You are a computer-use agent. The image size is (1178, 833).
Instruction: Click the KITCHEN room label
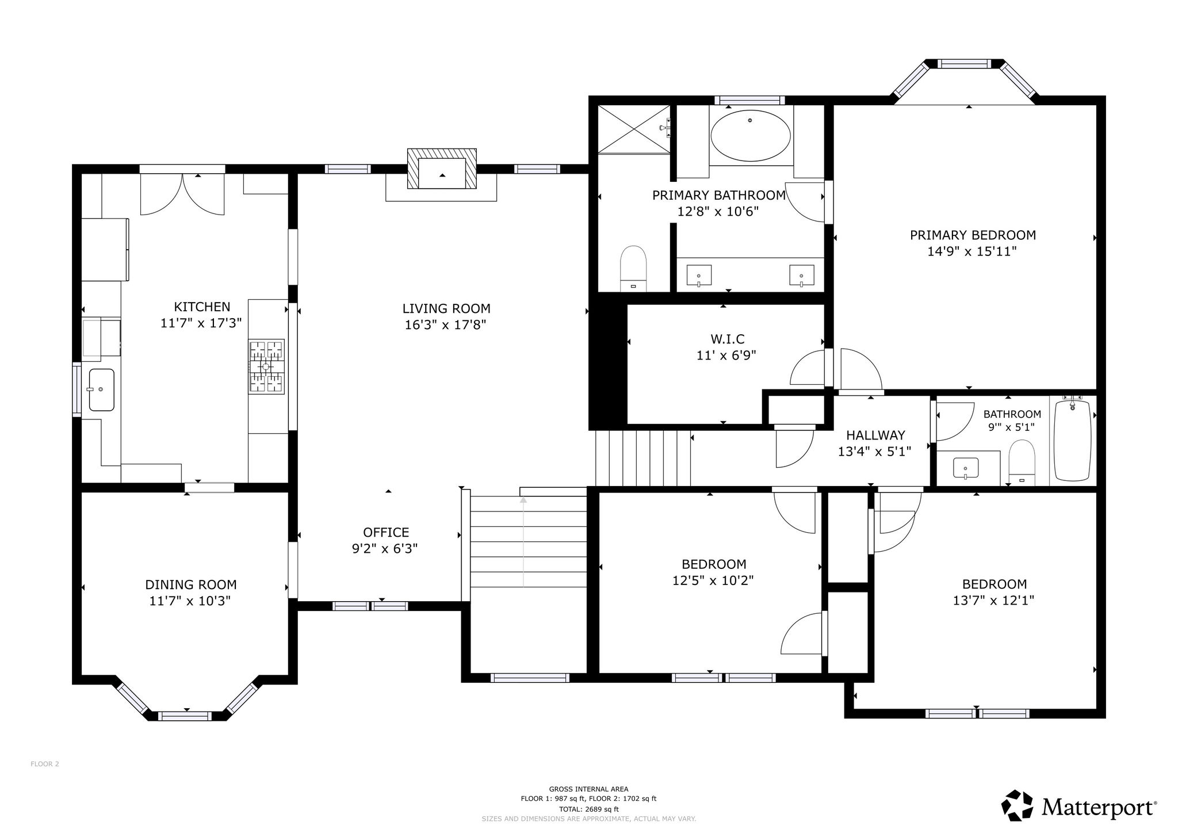click(202, 307)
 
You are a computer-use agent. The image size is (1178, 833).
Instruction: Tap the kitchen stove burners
click(266, 366)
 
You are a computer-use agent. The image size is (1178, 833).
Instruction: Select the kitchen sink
click(101, 390)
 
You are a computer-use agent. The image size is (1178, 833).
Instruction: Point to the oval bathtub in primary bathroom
click(750, 136)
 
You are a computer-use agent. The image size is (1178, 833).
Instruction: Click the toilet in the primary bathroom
click(633, 269)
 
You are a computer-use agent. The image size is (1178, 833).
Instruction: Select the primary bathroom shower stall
click(634, 129)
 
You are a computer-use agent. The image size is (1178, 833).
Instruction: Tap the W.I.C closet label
click(727, 339)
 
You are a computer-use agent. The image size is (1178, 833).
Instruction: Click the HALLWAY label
click(875, 435)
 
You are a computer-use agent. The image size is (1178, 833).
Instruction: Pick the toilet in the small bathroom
click(1022, 462)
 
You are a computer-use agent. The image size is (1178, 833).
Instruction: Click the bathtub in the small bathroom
click(1073, 440)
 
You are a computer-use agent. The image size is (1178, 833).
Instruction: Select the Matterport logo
click(1079, 807)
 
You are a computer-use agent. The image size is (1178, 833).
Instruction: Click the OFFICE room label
click(386, 532)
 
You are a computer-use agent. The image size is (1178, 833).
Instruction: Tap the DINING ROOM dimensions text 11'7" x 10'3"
click(190, 601)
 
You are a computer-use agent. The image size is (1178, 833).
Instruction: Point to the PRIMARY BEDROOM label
click(973, 235)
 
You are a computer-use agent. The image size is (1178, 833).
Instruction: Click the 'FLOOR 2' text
click(45, 764)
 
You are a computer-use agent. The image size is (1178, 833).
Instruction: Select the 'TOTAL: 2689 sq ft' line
click(588, 809)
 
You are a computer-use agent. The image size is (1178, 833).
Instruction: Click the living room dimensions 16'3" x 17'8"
click(446, 325)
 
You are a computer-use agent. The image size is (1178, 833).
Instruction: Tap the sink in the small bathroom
click(966, 468)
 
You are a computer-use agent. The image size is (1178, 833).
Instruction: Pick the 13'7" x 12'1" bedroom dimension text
click(993, 601)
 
